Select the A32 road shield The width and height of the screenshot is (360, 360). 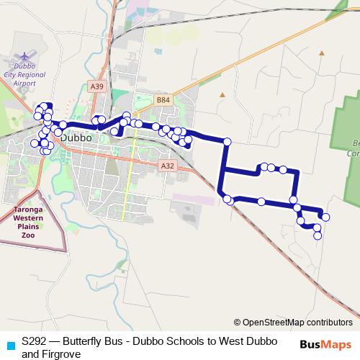(x=168, y=166)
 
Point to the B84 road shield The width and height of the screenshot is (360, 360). (x=163, y=100)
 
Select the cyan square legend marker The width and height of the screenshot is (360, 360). (x=9, y=344)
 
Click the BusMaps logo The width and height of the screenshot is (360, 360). (x=325, y=344)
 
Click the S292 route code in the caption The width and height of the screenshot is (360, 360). (x=36, y=342)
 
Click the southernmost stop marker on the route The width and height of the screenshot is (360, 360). (x=318, y=235)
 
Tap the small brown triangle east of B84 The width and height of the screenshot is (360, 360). (x=222, y=94)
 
